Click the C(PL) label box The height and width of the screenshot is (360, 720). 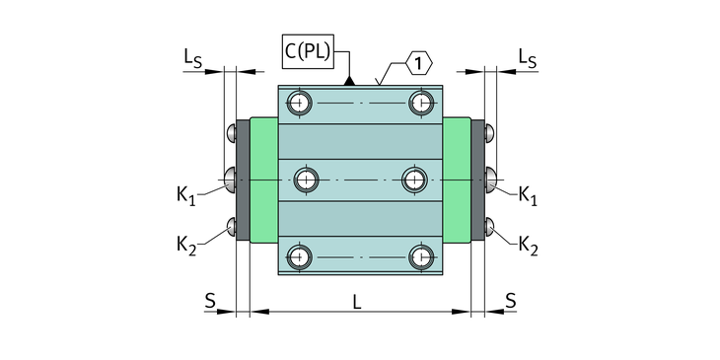click(x=308, y=51)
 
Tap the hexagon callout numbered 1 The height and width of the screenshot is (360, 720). click(x=418, y=63)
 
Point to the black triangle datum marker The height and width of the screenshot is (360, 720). click(x=349, y=81)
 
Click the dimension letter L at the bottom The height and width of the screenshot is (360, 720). click(x=357, y=302)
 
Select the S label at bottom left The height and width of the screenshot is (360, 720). click(x=210, y=301)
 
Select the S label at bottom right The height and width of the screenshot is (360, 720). click(x=511, y=301)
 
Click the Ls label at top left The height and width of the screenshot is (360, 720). click(x=193, y=58)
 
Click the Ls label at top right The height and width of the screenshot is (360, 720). click(x=528, y=58)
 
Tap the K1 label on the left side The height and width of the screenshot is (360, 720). click(x=186, y=195)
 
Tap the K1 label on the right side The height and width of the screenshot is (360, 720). click(x=528, y=195)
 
